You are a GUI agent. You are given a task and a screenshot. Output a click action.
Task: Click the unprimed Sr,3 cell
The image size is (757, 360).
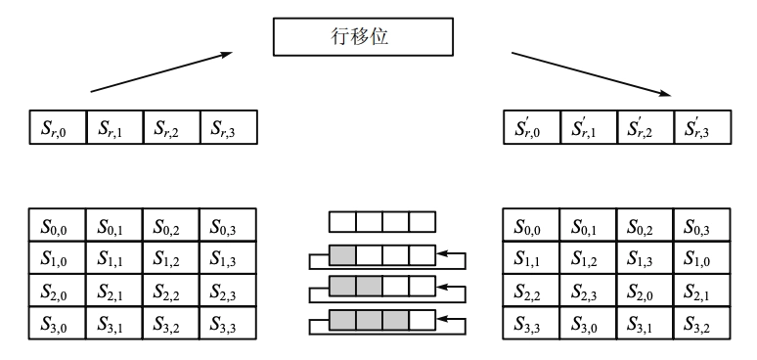228,127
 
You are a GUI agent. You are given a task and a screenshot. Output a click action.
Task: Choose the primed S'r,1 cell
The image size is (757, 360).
588,127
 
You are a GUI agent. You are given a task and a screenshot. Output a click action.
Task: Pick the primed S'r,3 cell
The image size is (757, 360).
701,127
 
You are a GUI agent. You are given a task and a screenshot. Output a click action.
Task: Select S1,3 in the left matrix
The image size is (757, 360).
228,258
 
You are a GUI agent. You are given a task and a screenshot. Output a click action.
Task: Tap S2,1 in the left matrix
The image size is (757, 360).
114,291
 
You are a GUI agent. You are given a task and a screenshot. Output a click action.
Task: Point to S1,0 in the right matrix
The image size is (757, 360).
701,258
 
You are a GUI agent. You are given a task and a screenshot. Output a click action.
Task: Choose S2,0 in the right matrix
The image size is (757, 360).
645,291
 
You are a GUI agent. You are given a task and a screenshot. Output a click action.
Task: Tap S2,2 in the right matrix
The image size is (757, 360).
531,291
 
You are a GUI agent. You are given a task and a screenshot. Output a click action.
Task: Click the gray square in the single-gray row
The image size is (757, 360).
342,256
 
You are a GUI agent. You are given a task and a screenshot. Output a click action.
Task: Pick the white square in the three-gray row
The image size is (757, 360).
422,320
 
